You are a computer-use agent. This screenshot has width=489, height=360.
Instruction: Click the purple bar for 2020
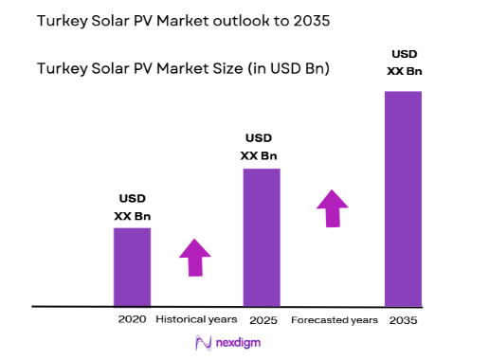(132, 267)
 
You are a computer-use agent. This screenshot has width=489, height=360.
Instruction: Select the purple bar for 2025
(262, 237)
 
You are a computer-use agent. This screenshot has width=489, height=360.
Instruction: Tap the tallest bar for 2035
(403, 198)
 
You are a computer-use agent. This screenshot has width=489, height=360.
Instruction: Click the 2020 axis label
(132, 319)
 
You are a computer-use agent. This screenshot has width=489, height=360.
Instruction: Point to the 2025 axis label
(262, 320)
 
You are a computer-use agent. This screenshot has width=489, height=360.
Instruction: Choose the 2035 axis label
(403, 320)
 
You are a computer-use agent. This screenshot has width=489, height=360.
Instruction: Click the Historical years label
(195, 319)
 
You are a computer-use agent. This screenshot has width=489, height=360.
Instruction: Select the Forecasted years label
(334, 320)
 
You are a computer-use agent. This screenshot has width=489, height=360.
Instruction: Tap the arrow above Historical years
(195, 257)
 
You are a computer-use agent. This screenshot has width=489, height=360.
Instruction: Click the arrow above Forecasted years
(333, 207)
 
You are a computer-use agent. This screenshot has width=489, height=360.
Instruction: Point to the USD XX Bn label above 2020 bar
(132, 207)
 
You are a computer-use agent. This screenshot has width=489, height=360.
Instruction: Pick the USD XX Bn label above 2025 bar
(262, 147)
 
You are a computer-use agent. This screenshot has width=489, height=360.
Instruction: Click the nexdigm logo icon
(202, 344)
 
